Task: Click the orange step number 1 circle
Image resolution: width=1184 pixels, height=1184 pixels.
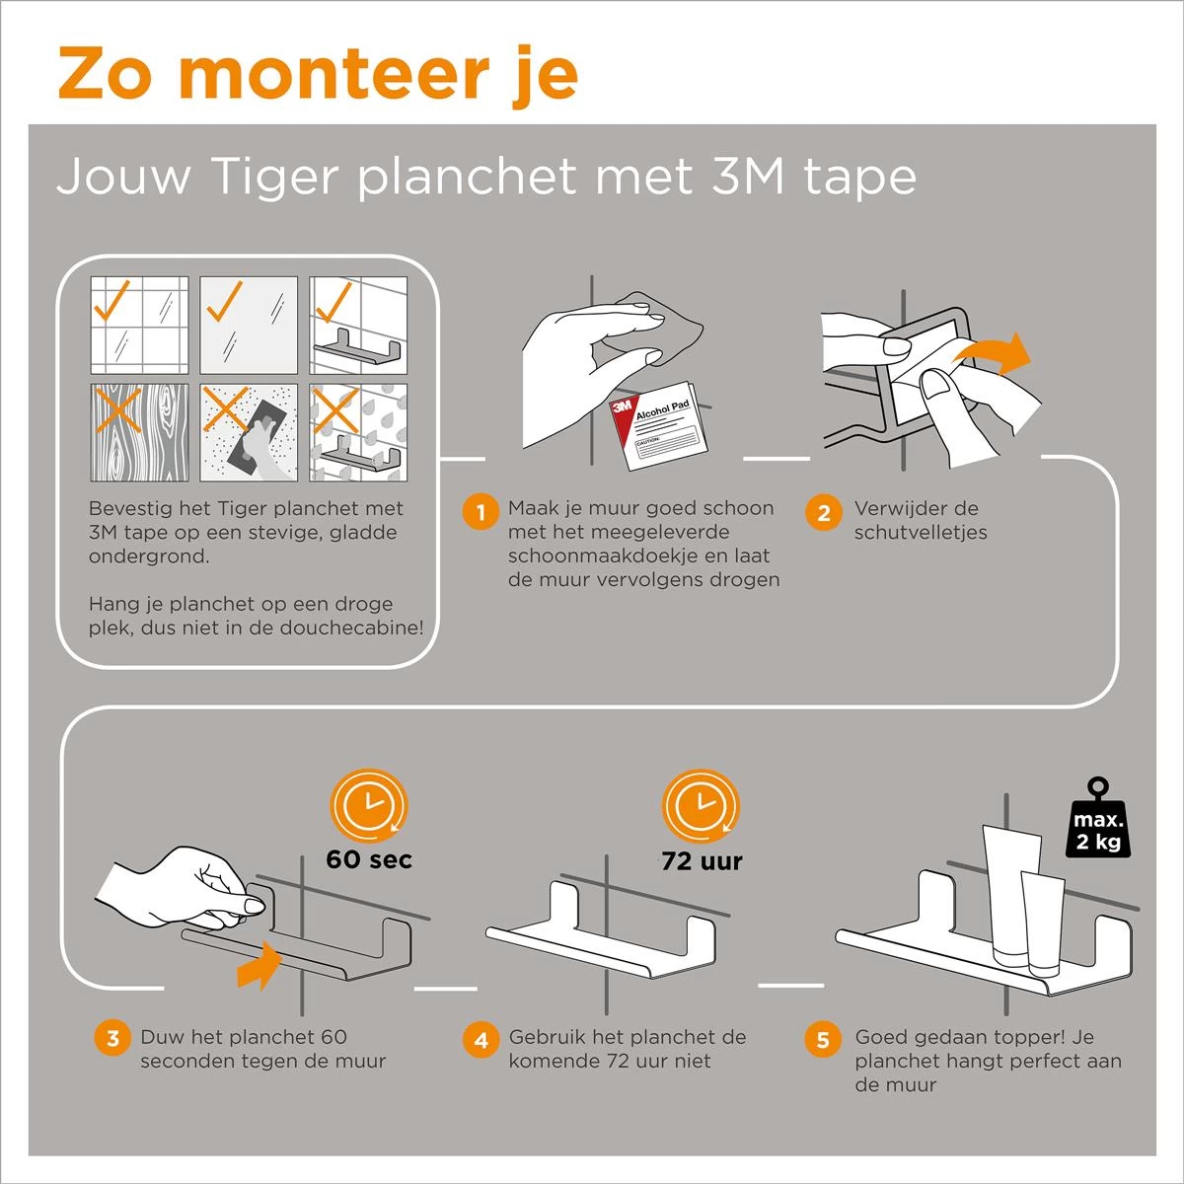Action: [481, 512]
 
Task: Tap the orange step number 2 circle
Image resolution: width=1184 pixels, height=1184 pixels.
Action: [823, 512]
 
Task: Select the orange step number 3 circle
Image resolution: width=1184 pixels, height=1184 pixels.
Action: [112, 1038]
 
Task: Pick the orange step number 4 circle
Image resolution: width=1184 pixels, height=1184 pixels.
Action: [481, 1040]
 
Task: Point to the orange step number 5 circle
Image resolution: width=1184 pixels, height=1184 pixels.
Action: [823, 1040]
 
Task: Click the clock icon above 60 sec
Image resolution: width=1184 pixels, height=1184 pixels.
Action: [369, 806]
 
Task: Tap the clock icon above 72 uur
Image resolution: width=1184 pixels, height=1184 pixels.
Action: [701, 806]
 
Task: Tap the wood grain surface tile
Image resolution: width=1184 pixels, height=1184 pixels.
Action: [139, 432]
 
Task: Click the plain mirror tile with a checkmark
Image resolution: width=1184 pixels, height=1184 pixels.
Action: [249, 325]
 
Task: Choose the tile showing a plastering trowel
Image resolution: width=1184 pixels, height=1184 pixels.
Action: [249, 432]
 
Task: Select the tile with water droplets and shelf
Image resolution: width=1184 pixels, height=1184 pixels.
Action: [358, 432]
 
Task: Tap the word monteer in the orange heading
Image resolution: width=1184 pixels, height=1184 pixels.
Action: [334, 75]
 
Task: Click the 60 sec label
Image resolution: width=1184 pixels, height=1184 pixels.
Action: [369, 859]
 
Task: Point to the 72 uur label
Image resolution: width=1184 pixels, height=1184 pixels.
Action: [702, 861]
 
